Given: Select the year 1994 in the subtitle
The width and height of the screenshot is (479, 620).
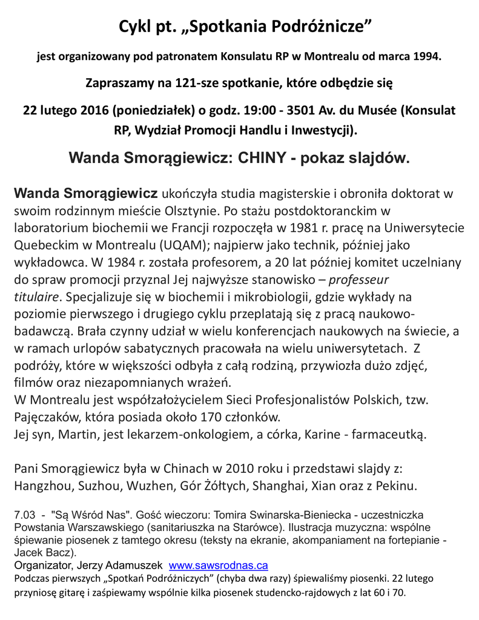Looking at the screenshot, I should (426, 58).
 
